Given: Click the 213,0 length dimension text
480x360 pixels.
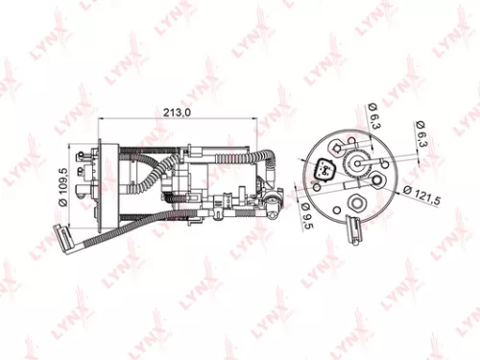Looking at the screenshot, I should click(x=175, y=112).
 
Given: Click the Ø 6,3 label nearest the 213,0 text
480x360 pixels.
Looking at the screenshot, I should click(x=372, y=117).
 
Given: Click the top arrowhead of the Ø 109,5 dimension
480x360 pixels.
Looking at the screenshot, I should click(x=71, y=147).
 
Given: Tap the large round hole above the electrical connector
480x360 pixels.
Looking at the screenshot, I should click(x=336, y=145).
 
